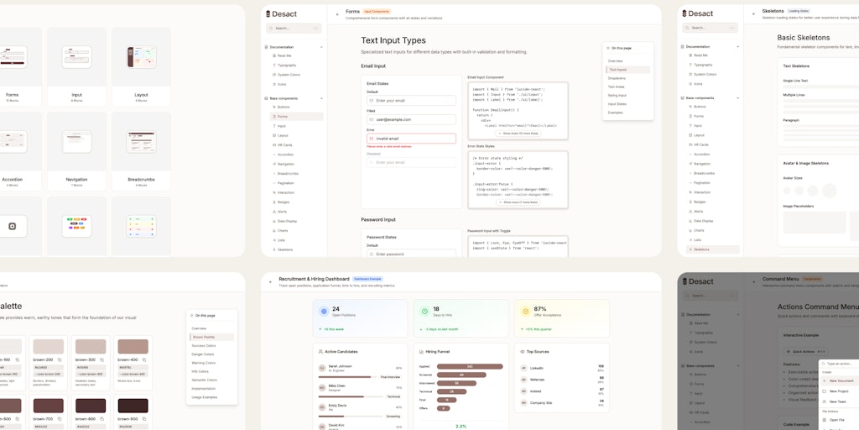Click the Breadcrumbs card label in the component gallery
pos(141,179)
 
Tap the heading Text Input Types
pos(393,40)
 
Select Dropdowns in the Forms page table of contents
pos(617,78)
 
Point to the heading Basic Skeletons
pos(804,38)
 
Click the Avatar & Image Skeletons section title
pos(805,163)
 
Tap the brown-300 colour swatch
pos(91,346)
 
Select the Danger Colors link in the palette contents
pos(204,354)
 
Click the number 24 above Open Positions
pos(336,309)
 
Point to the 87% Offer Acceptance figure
pos(539,309)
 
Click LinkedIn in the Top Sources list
pos(537,368)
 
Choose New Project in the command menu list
pos(839,391)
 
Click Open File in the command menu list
pos(837,419)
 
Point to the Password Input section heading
pos(378,219)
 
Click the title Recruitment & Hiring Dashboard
pos(314,278)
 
